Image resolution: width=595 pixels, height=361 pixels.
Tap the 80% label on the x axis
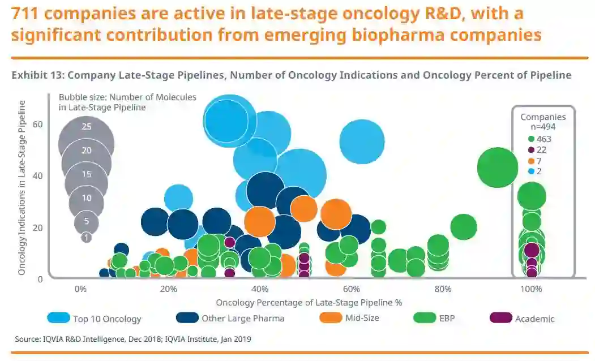point(443,289)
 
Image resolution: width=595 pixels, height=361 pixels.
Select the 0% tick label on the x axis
point(81,289)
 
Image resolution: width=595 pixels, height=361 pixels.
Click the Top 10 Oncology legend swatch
point(58,318)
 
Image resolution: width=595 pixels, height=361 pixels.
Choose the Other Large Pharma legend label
point(243,318)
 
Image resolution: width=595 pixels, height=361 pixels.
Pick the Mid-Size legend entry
point(362,317)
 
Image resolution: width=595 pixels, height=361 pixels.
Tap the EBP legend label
point(447,318)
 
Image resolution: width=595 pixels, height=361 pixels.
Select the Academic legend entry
point(534,319)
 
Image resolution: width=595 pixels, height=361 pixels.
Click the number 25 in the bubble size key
point(86,127)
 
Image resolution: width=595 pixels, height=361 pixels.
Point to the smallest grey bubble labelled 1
point(86,238)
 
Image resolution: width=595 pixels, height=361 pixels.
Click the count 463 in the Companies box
point(544,139)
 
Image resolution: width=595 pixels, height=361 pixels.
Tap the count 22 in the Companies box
point(541,150)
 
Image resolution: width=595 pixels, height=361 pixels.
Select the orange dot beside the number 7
point(531,161)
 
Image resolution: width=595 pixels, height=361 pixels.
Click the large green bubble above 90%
point(498,167)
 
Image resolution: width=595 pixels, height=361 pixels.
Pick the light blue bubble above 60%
point(362,141)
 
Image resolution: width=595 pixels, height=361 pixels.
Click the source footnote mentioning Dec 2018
point(134,339)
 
